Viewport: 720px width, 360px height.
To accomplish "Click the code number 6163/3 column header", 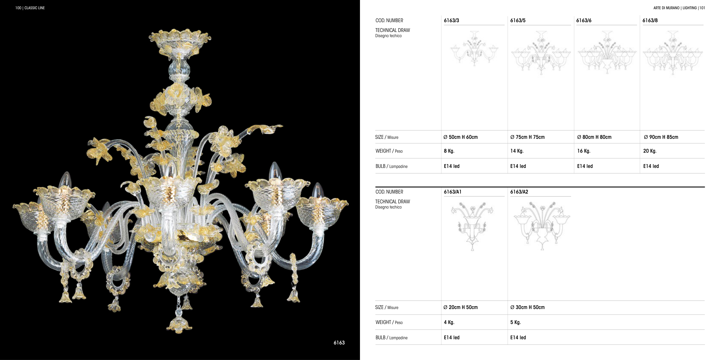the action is coord(451,20).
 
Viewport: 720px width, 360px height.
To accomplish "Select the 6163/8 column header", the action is coord(650,20).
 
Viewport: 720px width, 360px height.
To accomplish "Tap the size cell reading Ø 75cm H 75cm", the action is coord(527,137).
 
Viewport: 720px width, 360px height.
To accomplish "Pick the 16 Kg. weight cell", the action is coord(584,151).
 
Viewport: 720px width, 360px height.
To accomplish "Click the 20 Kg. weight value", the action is coord(650,151).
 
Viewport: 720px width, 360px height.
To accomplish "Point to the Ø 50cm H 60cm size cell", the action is coord(461,137).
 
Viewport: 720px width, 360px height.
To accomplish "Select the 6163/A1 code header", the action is coord(452,192).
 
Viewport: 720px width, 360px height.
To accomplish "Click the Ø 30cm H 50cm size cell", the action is coord(527,307).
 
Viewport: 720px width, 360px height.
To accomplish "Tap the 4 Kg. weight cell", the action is coord(449,322).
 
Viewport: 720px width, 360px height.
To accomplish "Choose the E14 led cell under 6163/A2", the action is coord(518,338).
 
